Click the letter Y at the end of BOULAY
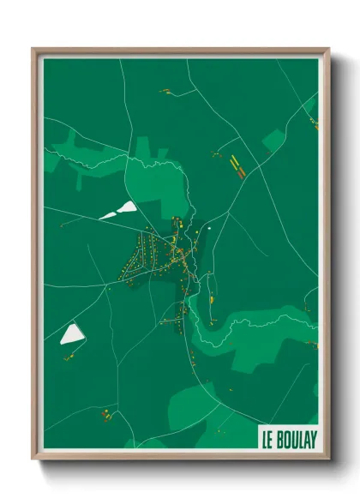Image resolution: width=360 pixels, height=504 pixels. (x=313, y=439)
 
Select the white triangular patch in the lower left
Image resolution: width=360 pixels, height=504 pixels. (x=70, y=334)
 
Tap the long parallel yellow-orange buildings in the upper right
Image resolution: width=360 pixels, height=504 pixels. (x=237, y=164)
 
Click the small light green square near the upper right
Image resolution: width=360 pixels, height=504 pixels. (x=273, y=140)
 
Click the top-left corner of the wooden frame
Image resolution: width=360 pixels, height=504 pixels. (x=34, y=50)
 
